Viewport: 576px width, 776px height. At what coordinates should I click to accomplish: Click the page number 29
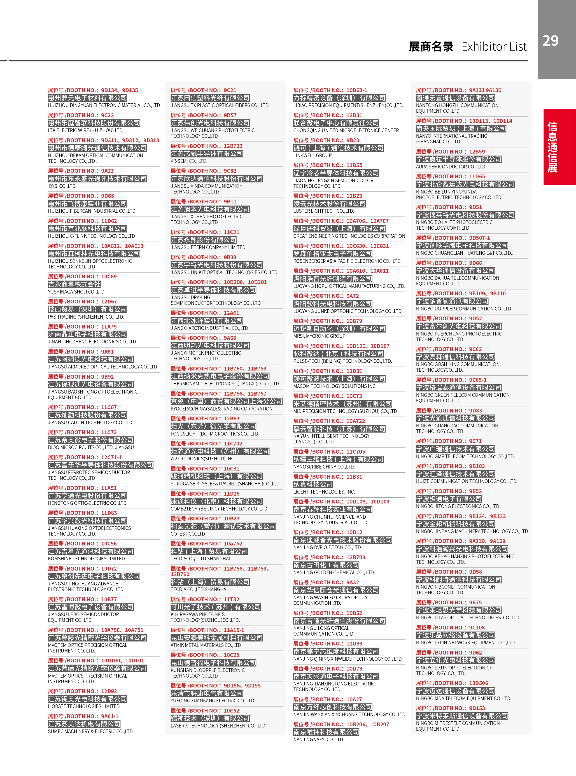(550, 41)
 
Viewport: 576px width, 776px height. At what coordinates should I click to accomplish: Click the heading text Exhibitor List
(494, 47)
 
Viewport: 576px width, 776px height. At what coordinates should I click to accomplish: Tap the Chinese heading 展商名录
(431, 47)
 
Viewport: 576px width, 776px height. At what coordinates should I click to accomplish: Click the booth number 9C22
(107, 115)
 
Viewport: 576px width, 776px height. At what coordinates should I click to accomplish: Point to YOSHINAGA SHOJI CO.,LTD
(77, 292)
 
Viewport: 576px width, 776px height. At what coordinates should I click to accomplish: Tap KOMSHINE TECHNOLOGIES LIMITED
(86, 559)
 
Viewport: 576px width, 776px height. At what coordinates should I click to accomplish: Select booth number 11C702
(233, 443)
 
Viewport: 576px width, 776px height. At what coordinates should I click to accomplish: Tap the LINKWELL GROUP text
(312, 156)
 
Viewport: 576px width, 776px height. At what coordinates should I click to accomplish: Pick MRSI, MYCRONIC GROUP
(319, 336)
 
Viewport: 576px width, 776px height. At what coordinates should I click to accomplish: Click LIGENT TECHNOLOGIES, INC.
(324, 492)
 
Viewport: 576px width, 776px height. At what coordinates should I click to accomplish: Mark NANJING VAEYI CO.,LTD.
(319, 739)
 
